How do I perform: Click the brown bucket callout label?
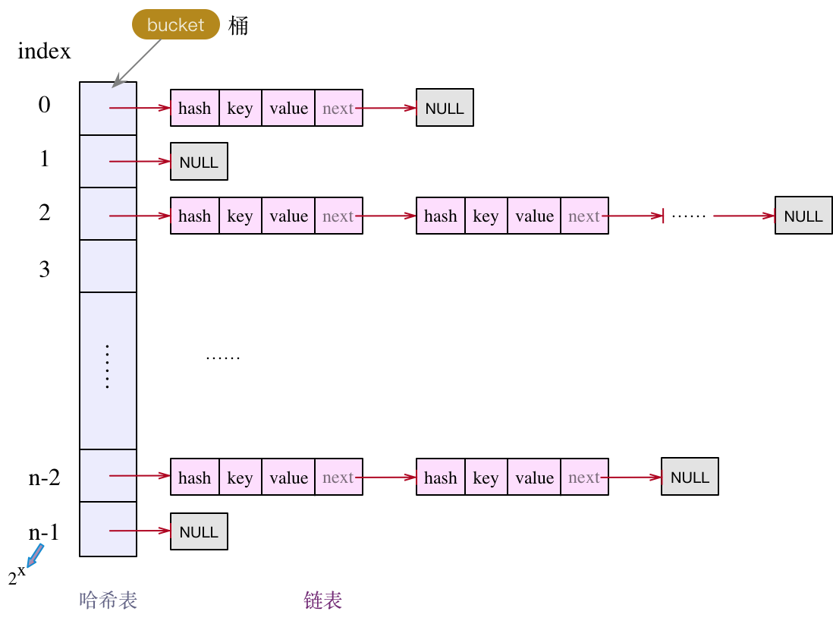(x=176, y=24)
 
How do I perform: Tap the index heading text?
(x=44, y=51)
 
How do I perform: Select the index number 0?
(x=45, y=104)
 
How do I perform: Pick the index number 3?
(x=45, y=269)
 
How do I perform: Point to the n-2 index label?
(x=45, y=478)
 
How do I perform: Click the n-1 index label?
(x=43, y=532)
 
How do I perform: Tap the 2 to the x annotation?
(x=17, y=575)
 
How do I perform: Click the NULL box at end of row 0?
(x=445, y=107)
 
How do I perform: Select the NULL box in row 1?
(x=200, y=161)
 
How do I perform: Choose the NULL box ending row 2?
(x=803, y=216)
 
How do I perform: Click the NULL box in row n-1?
(x=200, y=531)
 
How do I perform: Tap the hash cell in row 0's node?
(x=195, y=108)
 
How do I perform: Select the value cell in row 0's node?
(x=288, y=108)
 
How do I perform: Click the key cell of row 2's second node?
(x=486, y=216)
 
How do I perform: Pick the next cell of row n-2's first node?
(x=339, y=477)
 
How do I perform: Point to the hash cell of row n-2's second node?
(x=441, y=477)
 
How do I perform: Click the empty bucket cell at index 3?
(x=108, y=266)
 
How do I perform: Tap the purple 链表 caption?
(x=323, y=601)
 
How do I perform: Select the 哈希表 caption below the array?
(x=108, y=601)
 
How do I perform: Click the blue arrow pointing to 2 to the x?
(x=35, y=556)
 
